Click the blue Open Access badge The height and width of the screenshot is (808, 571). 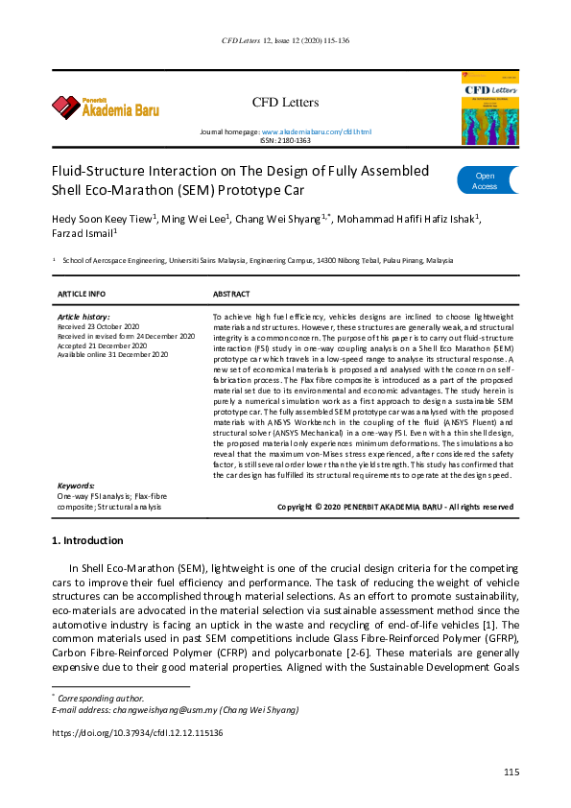tap(486, 181)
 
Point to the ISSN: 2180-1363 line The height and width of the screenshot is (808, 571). tap(285, 140)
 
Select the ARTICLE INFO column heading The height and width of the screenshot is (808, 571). tap(82, 294)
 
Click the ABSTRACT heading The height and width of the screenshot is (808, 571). tap(231, 294)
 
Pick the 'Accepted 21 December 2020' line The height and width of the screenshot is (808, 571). tap(100, 345)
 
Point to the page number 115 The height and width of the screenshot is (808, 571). tap(511, 773)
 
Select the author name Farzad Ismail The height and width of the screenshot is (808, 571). tap(84, 233)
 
